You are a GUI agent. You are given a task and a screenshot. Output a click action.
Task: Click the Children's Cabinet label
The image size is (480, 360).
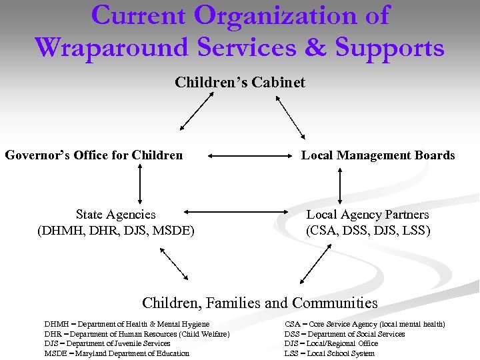[240, 83]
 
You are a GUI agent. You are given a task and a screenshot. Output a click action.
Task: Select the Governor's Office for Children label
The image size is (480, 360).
[94, 155]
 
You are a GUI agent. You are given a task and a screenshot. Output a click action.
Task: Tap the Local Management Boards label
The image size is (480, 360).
[378, 155]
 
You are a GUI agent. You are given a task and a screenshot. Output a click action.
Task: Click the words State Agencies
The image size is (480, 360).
[115, 215]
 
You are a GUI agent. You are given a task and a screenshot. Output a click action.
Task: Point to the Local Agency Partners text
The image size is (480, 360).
[367, 215]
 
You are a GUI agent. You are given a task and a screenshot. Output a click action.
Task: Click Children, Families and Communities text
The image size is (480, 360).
[259, 303]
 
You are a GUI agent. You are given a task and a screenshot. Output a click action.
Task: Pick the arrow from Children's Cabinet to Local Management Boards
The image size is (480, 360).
[290, 111]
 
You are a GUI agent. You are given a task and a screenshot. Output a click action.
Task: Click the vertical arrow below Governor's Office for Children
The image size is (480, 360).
[140, 184]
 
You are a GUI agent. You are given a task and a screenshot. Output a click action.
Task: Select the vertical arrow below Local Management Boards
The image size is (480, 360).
[340, 184]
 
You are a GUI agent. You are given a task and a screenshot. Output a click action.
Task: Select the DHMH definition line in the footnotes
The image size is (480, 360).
[127, 324]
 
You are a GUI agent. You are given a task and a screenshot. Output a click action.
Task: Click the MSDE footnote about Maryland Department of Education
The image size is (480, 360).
[117, 353]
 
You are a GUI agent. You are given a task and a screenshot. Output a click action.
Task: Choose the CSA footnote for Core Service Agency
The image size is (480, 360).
[365, 324]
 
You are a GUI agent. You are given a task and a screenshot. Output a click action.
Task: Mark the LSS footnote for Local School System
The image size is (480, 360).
[329, 353]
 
